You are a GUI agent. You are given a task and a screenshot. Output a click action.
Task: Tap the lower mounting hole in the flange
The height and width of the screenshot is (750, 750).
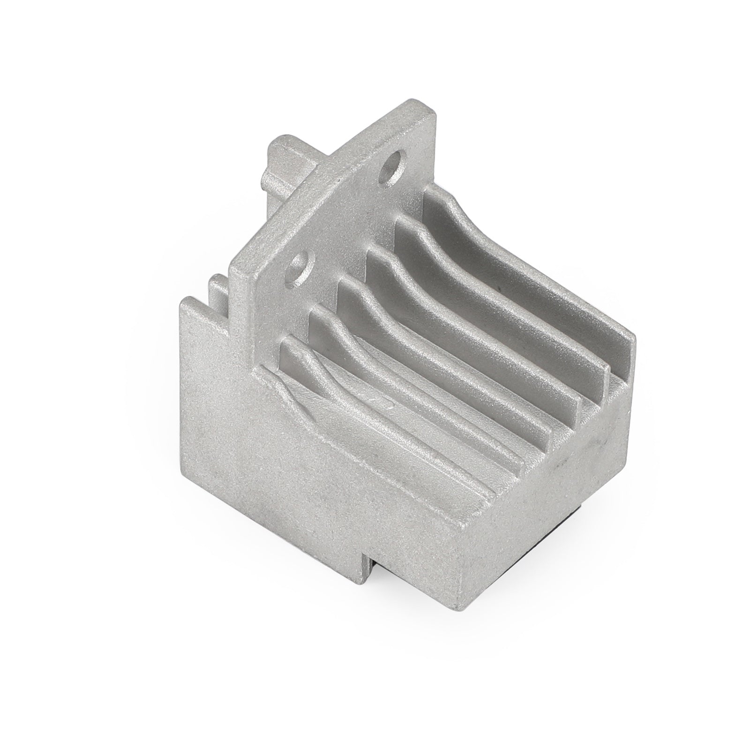tap(298, 265)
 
